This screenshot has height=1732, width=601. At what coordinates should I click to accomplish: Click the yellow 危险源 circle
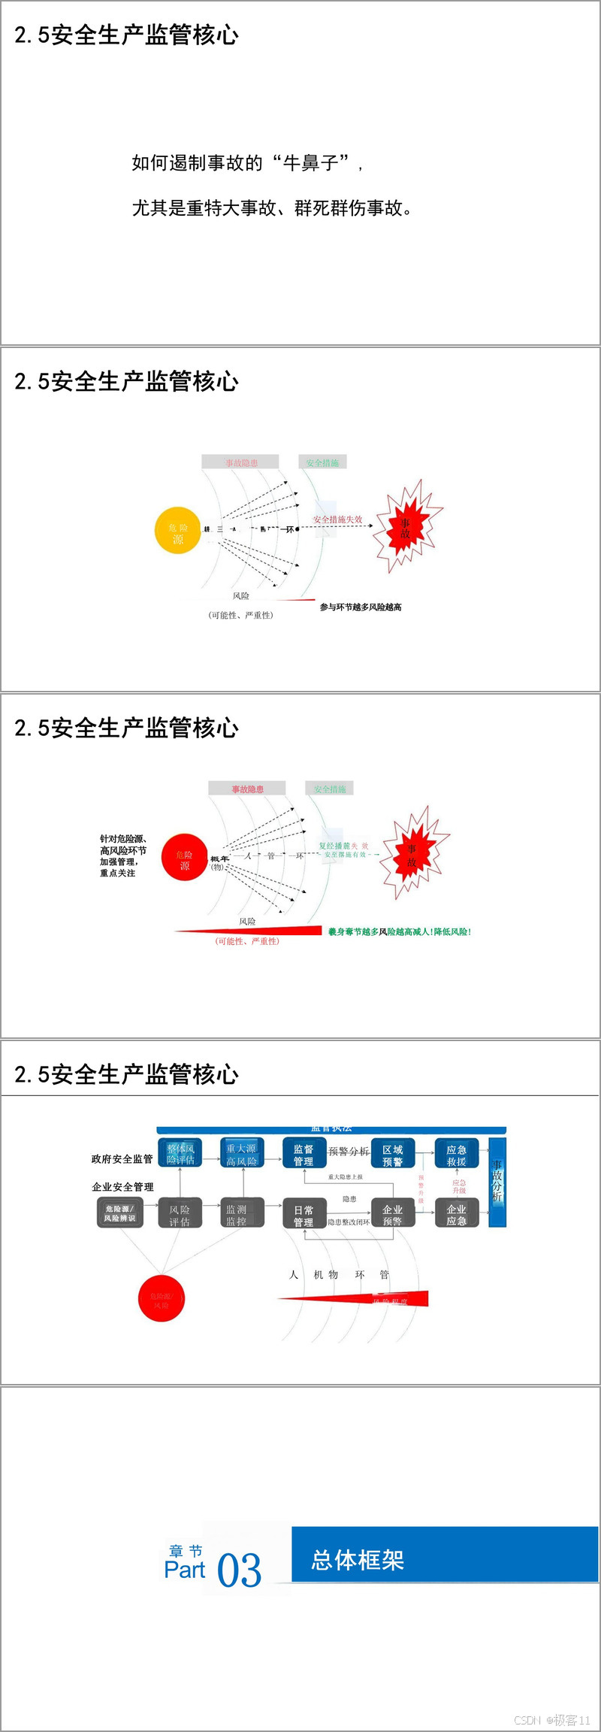tap(177, 530)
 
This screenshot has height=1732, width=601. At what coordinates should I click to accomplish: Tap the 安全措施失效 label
tap(337, 519)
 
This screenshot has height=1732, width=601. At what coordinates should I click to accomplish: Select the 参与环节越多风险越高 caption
tap(361, 607)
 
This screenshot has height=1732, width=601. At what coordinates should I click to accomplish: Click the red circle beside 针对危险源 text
tap(184, 857)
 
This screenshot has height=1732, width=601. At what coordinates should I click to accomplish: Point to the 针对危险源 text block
tap(122, 855)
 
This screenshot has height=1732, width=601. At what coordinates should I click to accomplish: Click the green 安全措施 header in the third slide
tap(329, 789)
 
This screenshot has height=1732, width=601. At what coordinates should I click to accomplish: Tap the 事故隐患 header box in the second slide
tap(240, 462)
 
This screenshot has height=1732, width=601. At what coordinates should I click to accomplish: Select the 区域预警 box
tap(392, 1155)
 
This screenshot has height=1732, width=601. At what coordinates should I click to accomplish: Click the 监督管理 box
tap(304, 1155)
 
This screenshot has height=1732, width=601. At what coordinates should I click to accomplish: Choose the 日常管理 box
tap(304, 1216)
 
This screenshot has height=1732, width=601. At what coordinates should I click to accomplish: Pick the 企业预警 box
tap(392, 1215)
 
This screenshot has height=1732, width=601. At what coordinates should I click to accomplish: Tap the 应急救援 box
tap(456, 1155)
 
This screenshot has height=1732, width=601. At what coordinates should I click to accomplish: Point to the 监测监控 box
tap(236, 1215)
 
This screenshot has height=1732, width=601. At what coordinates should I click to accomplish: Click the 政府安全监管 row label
tap(122, 1159)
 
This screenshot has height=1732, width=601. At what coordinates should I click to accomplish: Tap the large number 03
tap(239, 1570)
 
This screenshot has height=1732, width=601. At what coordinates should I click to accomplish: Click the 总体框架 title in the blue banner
tap(358, 1560)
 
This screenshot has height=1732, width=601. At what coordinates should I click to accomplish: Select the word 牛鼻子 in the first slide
tap(310, 162)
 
